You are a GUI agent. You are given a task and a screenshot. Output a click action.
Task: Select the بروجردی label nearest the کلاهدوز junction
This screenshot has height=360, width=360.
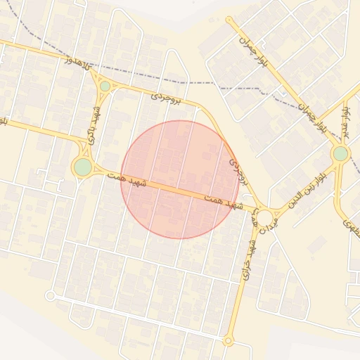[168, 98]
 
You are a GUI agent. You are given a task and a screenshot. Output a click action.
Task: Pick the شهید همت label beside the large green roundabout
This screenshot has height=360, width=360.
[127, 179]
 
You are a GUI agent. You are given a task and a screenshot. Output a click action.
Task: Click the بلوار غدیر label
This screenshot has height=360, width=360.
[344, 121]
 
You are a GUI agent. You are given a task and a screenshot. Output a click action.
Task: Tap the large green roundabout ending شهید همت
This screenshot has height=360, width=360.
[83, 167]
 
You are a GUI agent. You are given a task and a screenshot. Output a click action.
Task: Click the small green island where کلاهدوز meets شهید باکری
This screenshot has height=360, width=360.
[105, 86]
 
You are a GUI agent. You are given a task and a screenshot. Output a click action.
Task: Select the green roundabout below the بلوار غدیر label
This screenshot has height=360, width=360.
[340, 153]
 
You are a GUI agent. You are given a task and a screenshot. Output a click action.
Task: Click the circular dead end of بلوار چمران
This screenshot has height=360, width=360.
[229, 20]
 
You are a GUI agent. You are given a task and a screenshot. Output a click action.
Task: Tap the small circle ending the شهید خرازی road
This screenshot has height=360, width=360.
[228, 341]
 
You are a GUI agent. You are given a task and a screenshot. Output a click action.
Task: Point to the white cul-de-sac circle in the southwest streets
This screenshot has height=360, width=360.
[51, 296]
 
